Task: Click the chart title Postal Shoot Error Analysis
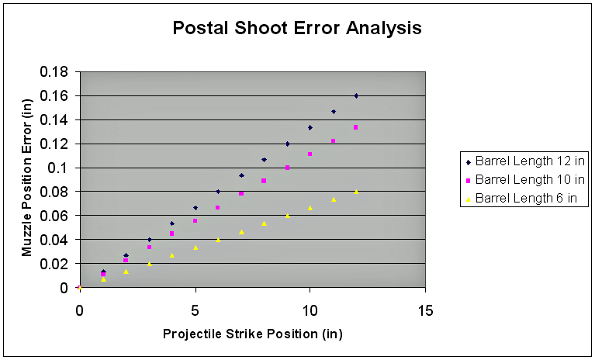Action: pyautogui.click(x=297, y=28)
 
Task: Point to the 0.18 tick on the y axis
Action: pyautogui.click(x=54, y=71)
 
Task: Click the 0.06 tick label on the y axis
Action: pyautogui.click(x=54, y=216)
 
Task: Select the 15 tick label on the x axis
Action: pyautogui.click(x=425, y=311)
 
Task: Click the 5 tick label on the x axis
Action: pyautogui.click(x=195, y=311)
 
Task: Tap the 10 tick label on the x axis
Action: pyautogui.click(x=310, y=311)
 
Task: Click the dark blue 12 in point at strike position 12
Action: pyautogui.click(x=356, y=96)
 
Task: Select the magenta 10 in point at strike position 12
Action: pyautogui.click(x=355, y=127)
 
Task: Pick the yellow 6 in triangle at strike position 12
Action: pyautogui.click(x=356, y=192)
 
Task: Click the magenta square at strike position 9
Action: pyautogui.click(x=287, y=168)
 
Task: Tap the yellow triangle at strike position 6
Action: pyautogui.click(x=218, y=240)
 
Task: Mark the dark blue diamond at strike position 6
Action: pyautogui.click(x=218, y=192)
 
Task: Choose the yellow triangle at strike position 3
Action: pyautogui.click(x=149, y=264)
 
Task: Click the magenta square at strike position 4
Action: pyautogui.click(x=171, y=234)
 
